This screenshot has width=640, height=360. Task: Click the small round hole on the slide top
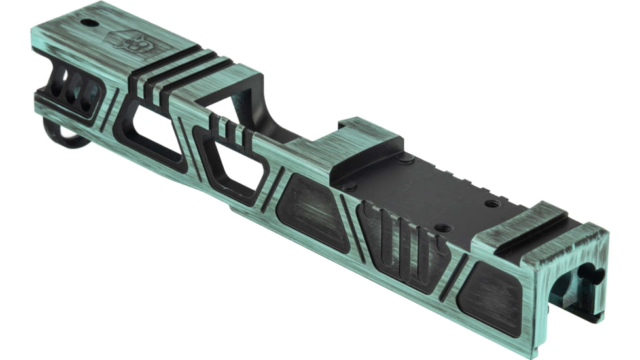(x=86, y=23)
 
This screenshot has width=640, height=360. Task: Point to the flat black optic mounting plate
(x=425, y=190)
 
